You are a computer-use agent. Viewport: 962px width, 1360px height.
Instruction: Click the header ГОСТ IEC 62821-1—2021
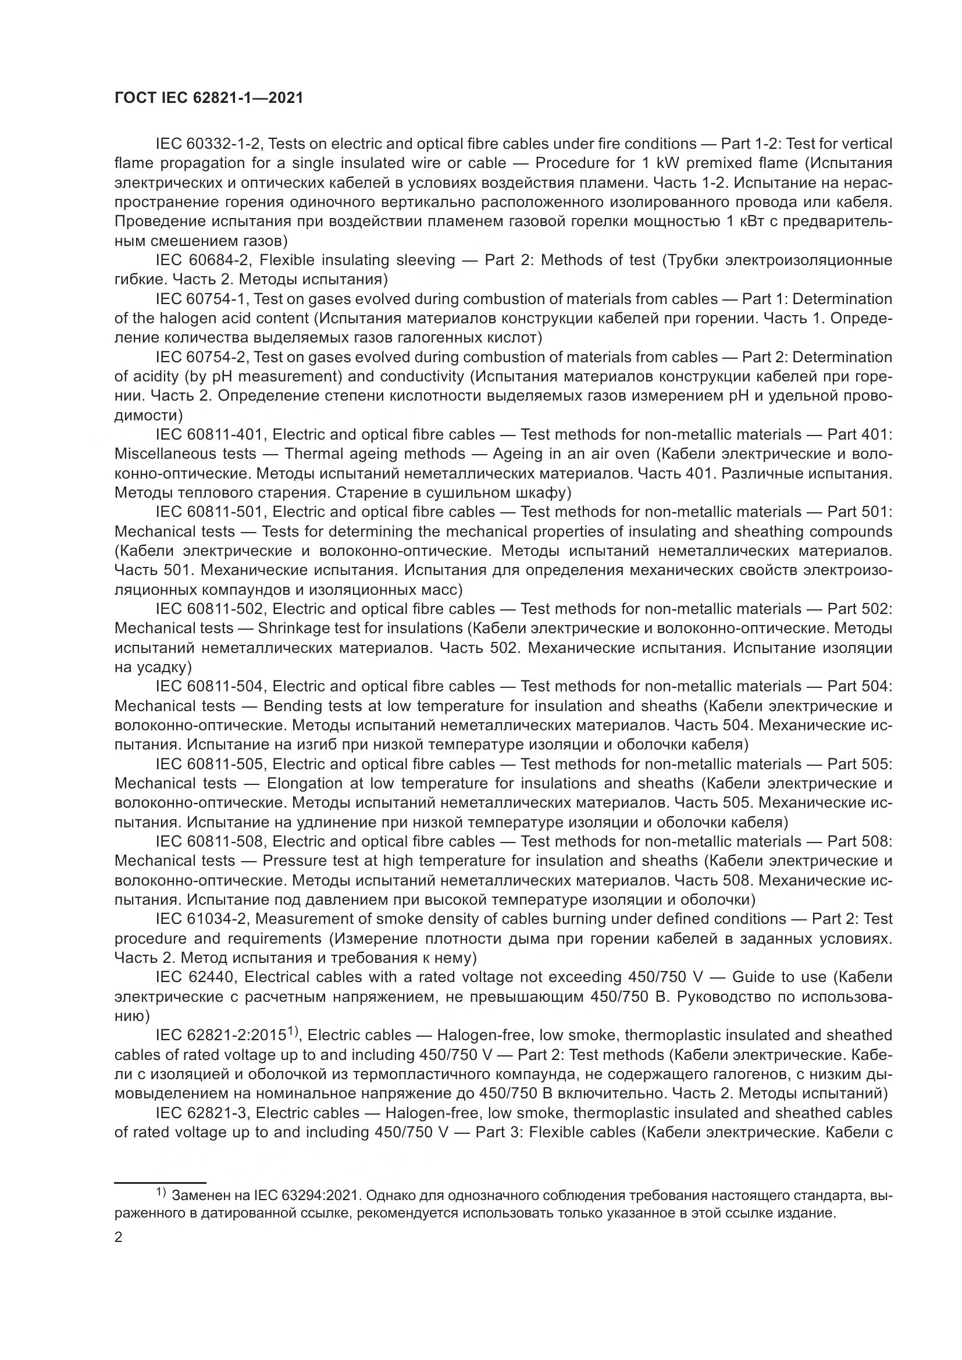coord(209,98)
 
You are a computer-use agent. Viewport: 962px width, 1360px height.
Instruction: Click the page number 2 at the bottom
coord(119,1237)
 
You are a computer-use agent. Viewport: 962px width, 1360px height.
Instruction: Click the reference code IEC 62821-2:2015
coord(222,1036)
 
